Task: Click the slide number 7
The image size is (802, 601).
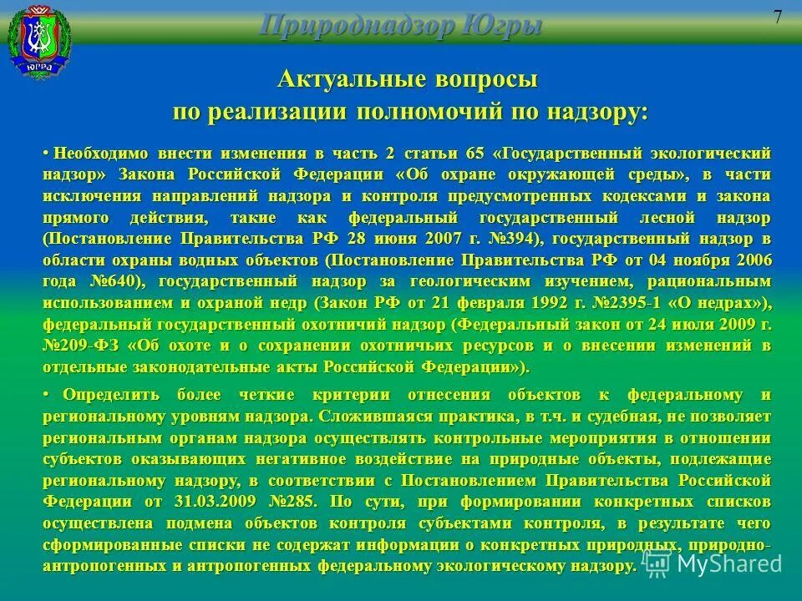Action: click(777, 18)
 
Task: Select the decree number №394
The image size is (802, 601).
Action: click(513, 238)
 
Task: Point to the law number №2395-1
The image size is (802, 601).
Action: click(609, 301)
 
